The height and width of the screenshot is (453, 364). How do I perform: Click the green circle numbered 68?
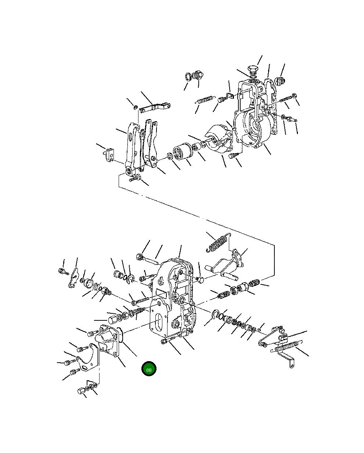coord(149,370)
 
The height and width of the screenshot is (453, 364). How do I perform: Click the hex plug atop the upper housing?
coord(252,70)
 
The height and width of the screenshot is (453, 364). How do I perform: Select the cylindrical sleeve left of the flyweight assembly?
coord(181,152)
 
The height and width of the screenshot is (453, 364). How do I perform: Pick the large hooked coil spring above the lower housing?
coord(218,244)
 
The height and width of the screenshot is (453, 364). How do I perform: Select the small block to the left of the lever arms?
coord(110,153)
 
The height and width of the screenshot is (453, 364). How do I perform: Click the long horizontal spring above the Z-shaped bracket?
coord(286,347)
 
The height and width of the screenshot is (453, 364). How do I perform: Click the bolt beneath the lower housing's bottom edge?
coord(166,342)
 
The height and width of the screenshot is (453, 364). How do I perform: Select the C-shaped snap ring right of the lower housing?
coord(216,314)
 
